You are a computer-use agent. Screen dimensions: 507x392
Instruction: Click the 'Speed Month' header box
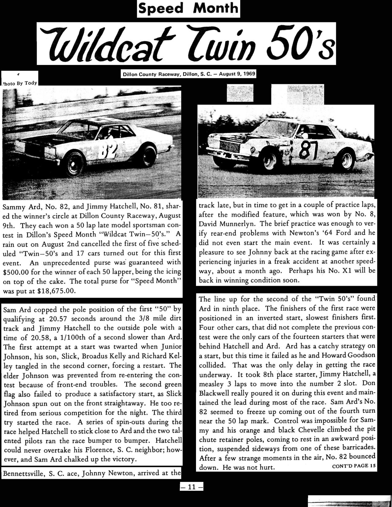pyautogui.click(x=188, y=9)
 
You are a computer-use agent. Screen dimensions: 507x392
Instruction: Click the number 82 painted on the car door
pyautogui.click(x=109, y=152)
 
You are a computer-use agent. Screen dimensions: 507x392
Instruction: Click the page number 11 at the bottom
pyautogui.click(x=191, y=487)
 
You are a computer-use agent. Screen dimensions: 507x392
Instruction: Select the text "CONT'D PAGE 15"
pyautogui.click(x=354, y=467)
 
